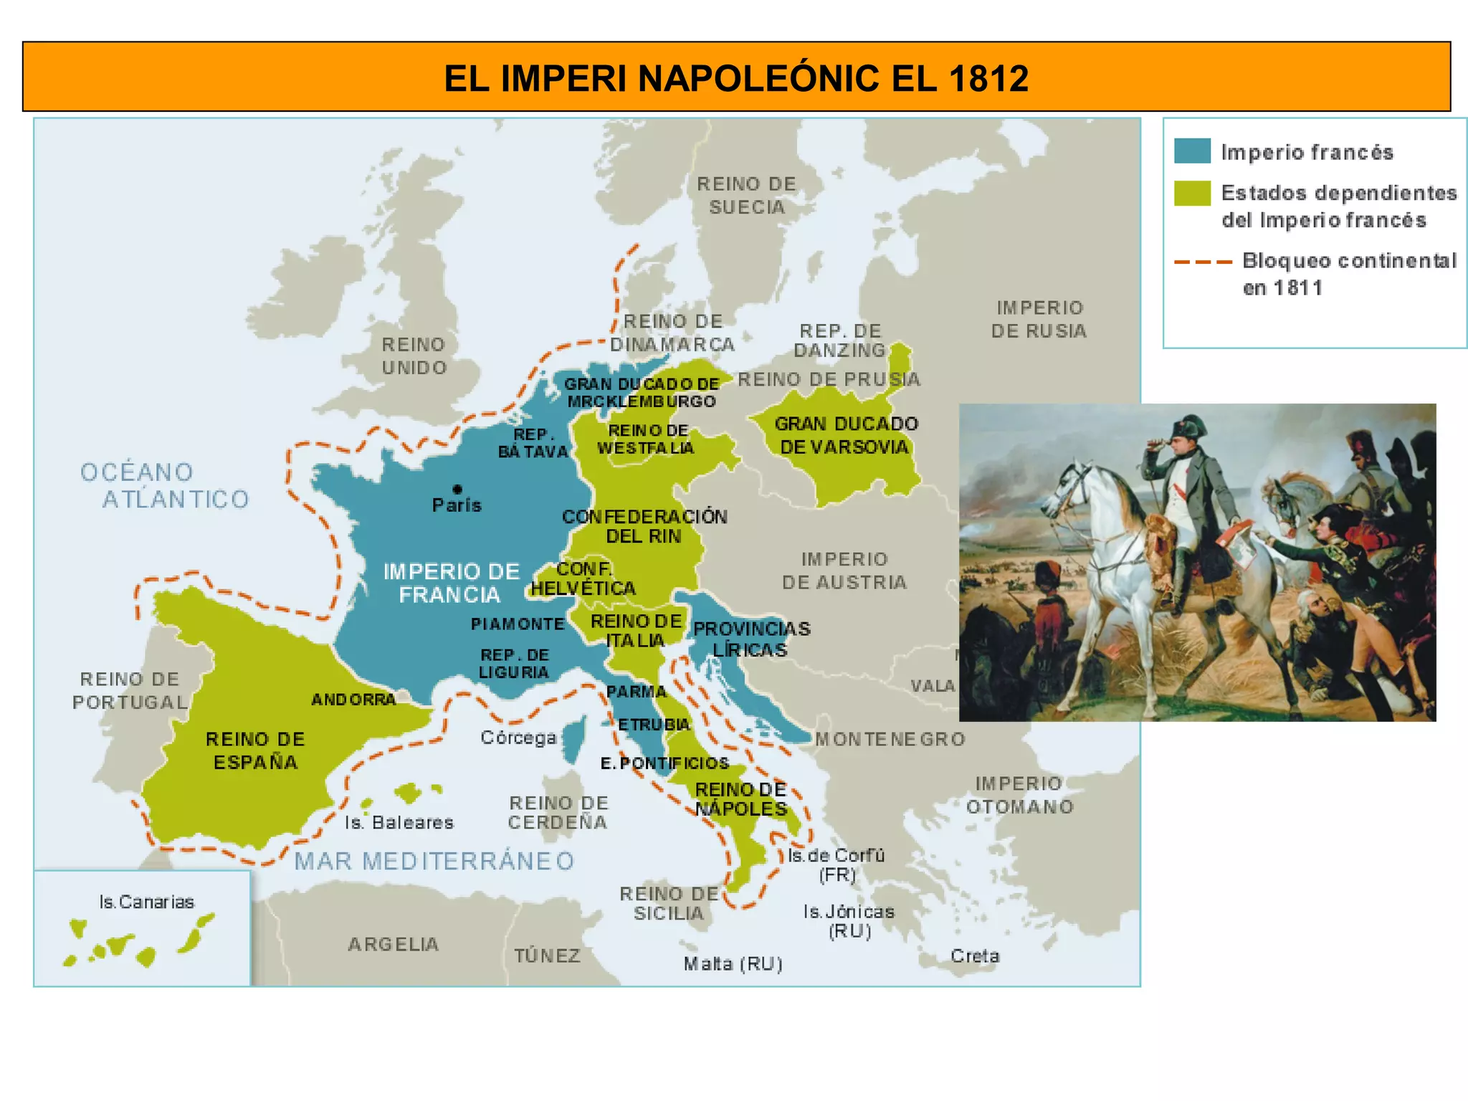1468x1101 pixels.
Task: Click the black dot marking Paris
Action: point(457,489)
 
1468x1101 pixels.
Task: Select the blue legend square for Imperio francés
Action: point(1192,151)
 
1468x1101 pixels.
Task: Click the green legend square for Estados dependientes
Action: point(1192,193)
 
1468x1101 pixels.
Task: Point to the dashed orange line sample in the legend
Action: point(1203,262)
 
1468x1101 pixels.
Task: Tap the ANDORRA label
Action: point(353,700)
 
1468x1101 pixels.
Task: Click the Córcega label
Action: point(518,738)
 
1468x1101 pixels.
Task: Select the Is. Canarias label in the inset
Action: point(147,902)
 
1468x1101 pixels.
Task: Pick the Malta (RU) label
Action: point(733,964)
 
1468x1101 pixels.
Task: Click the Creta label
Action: point(975,956)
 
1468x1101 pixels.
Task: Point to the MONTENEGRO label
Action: point(890,739)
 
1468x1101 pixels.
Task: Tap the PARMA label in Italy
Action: point(637,692)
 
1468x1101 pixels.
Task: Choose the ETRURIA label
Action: point(654,725)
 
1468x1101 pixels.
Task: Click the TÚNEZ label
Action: point(547,956)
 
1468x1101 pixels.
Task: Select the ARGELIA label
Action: point(394,945)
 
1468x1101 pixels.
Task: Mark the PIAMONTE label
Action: point(518,624)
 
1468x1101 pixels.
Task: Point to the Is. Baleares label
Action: point(399,823)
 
